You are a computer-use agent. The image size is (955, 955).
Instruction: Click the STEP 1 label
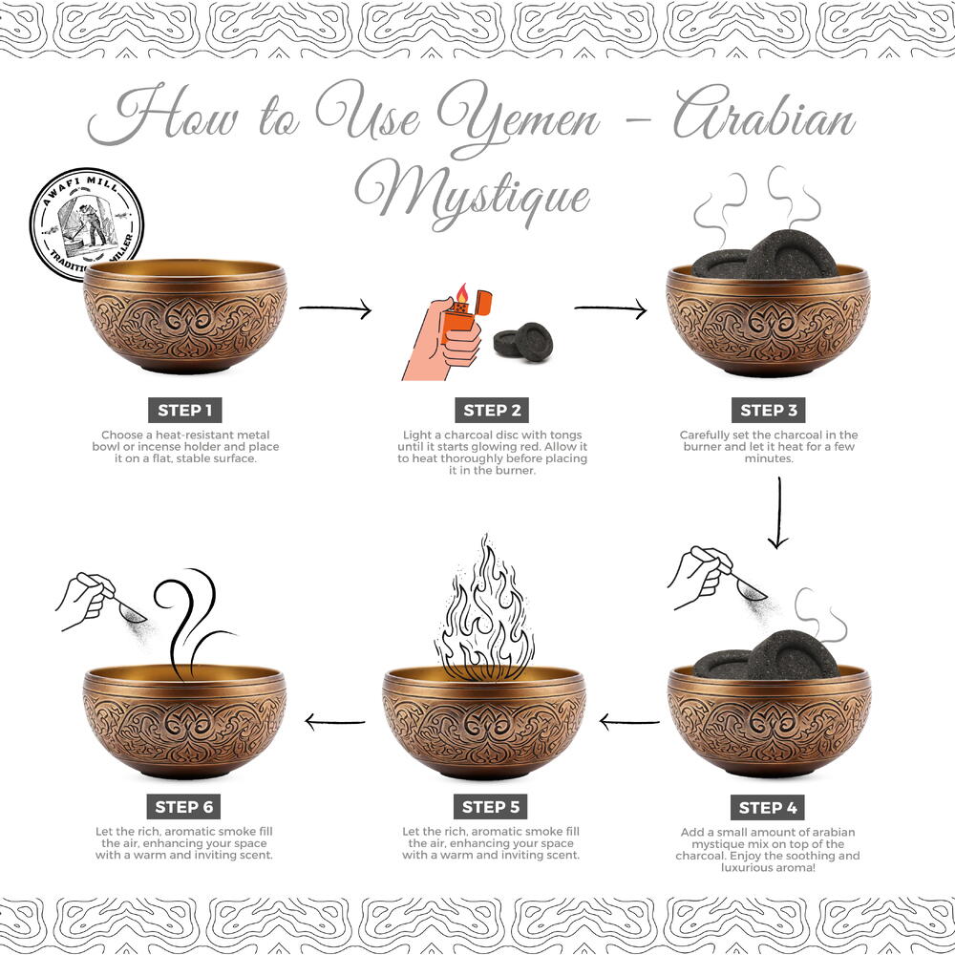coord(184,410)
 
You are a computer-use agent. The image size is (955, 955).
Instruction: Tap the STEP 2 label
coord(492,410)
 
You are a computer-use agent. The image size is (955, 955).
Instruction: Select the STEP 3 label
coord(768,410)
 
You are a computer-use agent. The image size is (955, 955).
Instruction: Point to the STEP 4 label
coord(768,808)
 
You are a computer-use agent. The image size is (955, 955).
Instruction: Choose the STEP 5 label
coord(490,807)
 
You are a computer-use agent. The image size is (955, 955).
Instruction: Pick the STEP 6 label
coord(183,807)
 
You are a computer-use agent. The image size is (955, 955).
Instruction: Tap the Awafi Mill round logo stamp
coord(87,223)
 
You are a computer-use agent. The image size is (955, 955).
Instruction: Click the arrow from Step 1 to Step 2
coord(335,308)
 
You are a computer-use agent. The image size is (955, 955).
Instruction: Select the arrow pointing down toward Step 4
coord(779,513)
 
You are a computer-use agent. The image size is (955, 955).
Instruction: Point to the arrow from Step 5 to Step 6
coord(335,722)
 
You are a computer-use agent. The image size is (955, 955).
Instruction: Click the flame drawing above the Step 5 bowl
coord(485,609)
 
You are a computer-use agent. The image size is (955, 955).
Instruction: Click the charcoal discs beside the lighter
coord(523,342)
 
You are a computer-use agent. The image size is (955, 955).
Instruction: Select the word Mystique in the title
coord(473,194)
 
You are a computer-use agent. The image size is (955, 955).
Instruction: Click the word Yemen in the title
coord(519,117)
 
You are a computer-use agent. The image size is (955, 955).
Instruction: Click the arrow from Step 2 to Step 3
coord(610,308)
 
